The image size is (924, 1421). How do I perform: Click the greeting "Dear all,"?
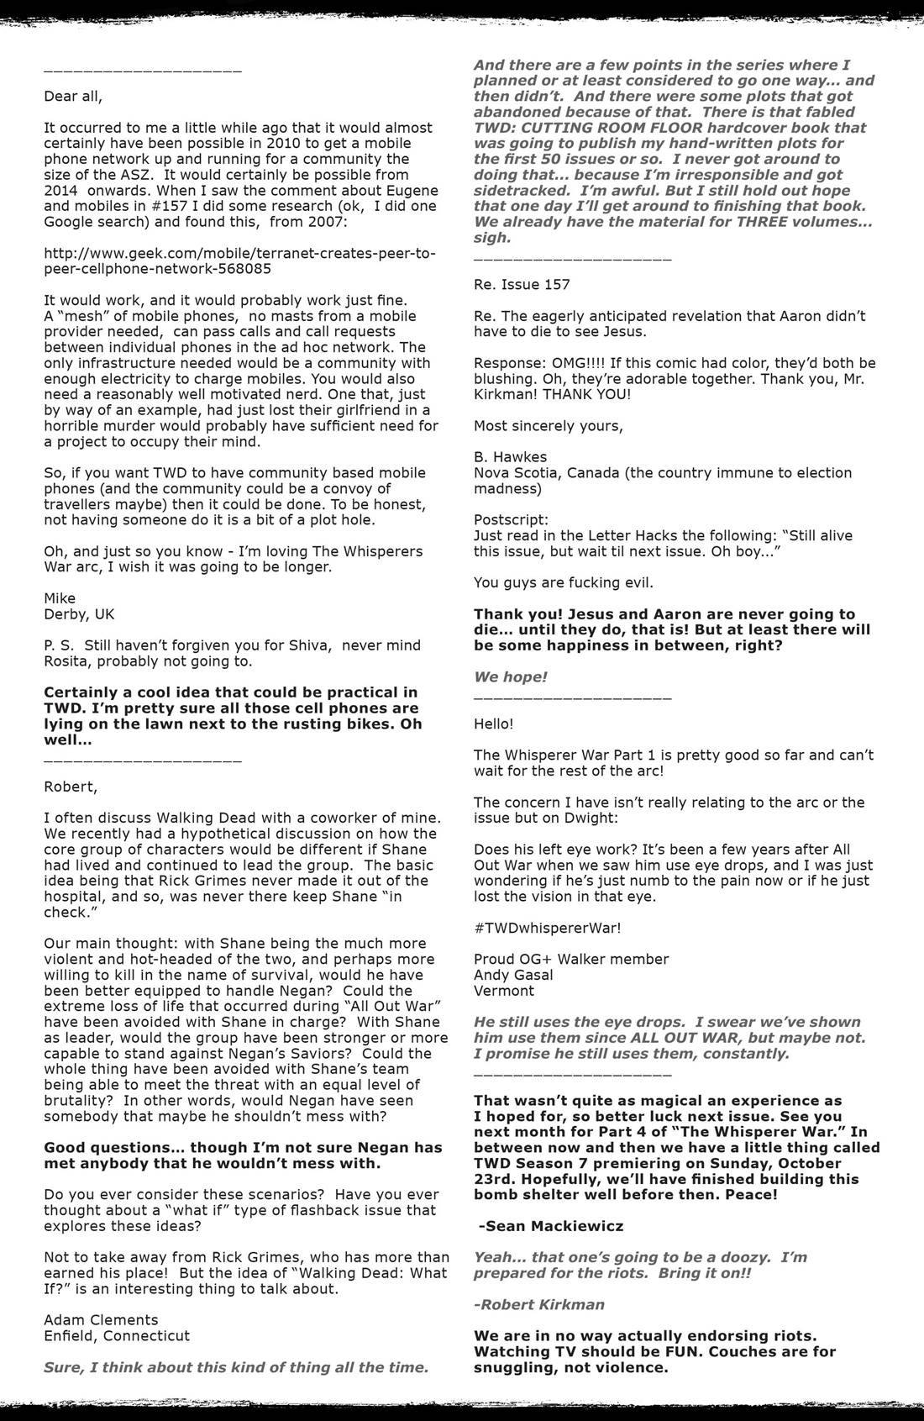(x=73, y=96)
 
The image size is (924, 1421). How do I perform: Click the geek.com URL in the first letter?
(x=239, y=261)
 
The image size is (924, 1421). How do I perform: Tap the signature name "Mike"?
(x=60, y=598)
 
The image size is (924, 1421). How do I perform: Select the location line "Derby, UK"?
(x=79, y=614)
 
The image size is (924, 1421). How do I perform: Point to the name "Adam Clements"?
(x=101, y=1319)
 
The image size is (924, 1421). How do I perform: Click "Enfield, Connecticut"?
(x=117, y=1335)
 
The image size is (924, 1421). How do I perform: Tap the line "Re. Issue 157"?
(x=522, y=284)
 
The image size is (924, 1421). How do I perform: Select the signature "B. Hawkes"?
(x=510, y=457)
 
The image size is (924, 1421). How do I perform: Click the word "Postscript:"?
(x=511, y=519)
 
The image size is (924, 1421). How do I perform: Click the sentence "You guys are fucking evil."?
(x=563, y=582)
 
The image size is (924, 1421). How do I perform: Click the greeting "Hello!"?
(x=493, y=724)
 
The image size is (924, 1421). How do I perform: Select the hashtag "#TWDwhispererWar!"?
(x=548, y=928)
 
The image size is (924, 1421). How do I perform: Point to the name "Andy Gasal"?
(x=513, y=975)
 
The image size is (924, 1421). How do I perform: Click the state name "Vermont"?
(x=504, y=991)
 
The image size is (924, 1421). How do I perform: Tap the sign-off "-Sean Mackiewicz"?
(x=550, y=1226)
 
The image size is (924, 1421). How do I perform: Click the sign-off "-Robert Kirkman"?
(x=538, y=1304)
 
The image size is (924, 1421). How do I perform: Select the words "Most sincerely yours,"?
(x=549, y=425)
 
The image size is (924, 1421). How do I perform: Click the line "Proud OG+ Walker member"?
(x=571, y=959)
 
